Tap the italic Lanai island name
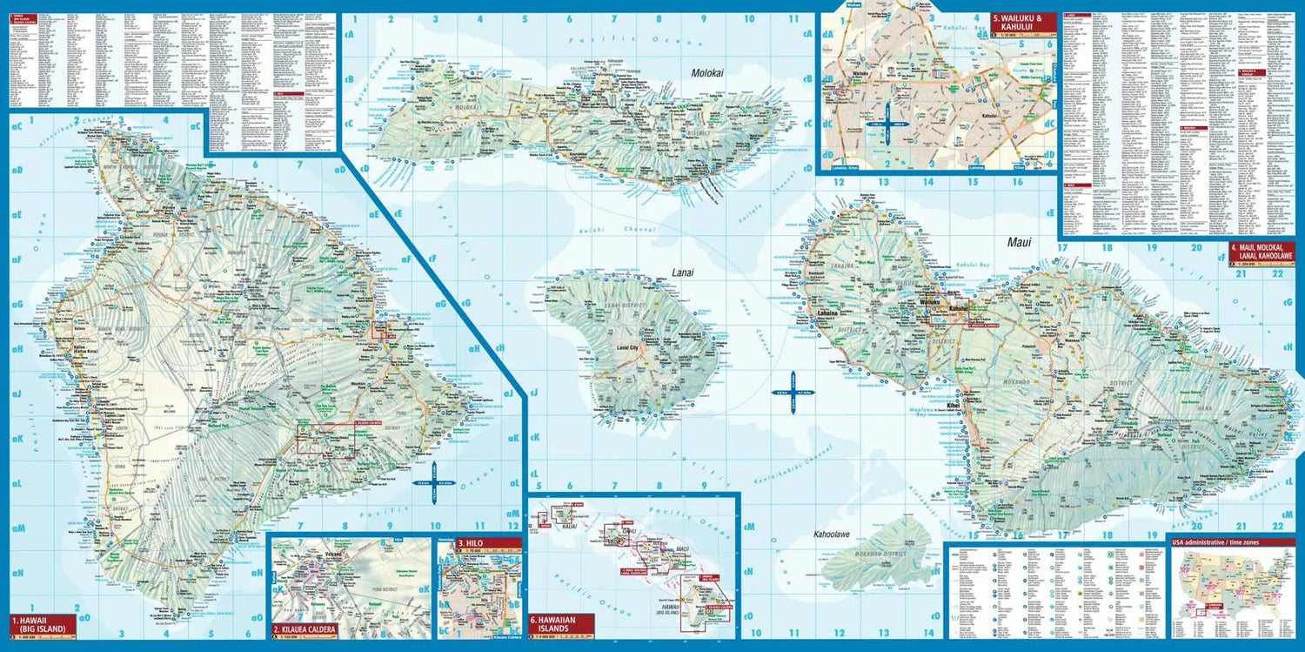pyautogui.click(x=683, y=272)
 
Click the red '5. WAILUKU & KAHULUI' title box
pyautogui.click(x=1022, y=22)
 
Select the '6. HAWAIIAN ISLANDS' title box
pyautogui.click(x=561, y=623)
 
